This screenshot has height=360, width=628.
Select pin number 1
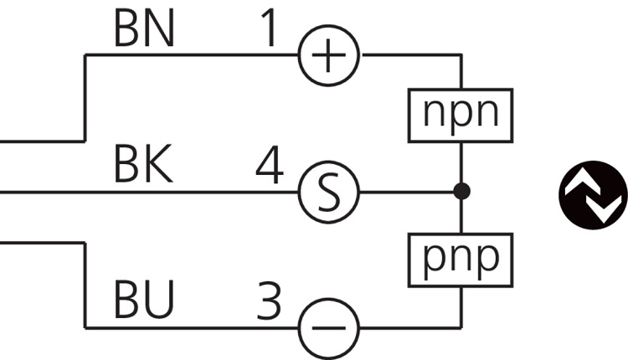[270, 30]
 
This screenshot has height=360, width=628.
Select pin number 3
[270, 301]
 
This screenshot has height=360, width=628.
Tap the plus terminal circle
[329, 56]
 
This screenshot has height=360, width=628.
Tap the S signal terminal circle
[329, 192]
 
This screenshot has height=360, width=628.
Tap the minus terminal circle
[329, 327]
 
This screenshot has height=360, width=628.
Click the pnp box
[460, 259]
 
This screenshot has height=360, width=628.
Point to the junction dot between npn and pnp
[461, 192]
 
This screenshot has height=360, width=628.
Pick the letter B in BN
[126, 30]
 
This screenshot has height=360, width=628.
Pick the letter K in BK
[158, 166]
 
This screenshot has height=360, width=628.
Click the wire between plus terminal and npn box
[410, 56]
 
